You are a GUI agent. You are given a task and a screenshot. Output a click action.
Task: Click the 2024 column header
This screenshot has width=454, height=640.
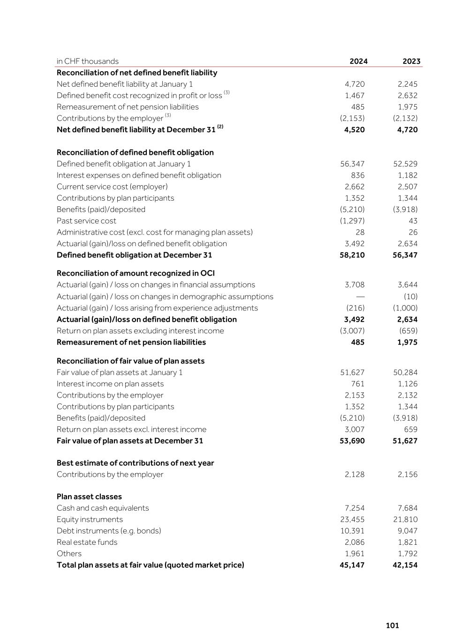(358, 61)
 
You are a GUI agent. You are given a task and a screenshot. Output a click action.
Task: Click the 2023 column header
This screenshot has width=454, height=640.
(411, 61)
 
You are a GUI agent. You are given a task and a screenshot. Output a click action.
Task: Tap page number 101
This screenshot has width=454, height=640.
(392, 625)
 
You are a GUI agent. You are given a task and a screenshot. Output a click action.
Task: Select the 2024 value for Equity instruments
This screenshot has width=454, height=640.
(352, 520)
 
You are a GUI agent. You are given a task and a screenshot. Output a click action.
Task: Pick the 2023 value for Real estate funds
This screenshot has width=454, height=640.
(406, 542)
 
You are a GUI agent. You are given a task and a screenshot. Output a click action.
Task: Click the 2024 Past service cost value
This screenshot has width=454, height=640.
(352, 221)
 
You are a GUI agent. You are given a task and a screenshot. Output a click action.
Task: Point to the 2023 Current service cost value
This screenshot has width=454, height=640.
(406, 187)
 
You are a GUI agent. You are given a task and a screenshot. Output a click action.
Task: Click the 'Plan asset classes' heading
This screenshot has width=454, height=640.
(89, 497)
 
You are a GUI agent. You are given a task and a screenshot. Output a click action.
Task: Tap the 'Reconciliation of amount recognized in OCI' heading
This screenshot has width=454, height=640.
(136, 273)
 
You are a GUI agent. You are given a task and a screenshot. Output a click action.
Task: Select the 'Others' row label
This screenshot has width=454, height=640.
(69, 554)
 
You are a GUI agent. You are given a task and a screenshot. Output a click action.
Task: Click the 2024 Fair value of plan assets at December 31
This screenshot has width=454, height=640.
(352, 441)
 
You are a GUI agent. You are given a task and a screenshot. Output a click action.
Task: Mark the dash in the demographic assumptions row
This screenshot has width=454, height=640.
(360, 297)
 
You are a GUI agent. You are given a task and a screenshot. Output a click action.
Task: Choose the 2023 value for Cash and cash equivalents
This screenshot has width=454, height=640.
(406, 508)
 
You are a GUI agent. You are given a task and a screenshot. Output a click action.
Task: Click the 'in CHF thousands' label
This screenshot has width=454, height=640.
(88, 61)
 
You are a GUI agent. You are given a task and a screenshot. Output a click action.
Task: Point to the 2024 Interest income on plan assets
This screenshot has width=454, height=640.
(357, 384)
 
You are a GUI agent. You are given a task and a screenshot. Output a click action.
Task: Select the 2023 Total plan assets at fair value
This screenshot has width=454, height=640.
(405, 565)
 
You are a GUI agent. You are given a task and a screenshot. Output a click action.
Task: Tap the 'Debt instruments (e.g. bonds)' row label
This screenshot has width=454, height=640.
(109, 531)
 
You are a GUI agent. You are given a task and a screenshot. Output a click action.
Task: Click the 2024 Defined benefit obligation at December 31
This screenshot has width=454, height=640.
(352, 256)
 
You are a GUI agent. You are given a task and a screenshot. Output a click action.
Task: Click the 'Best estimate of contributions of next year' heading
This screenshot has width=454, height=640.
(135, 463)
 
